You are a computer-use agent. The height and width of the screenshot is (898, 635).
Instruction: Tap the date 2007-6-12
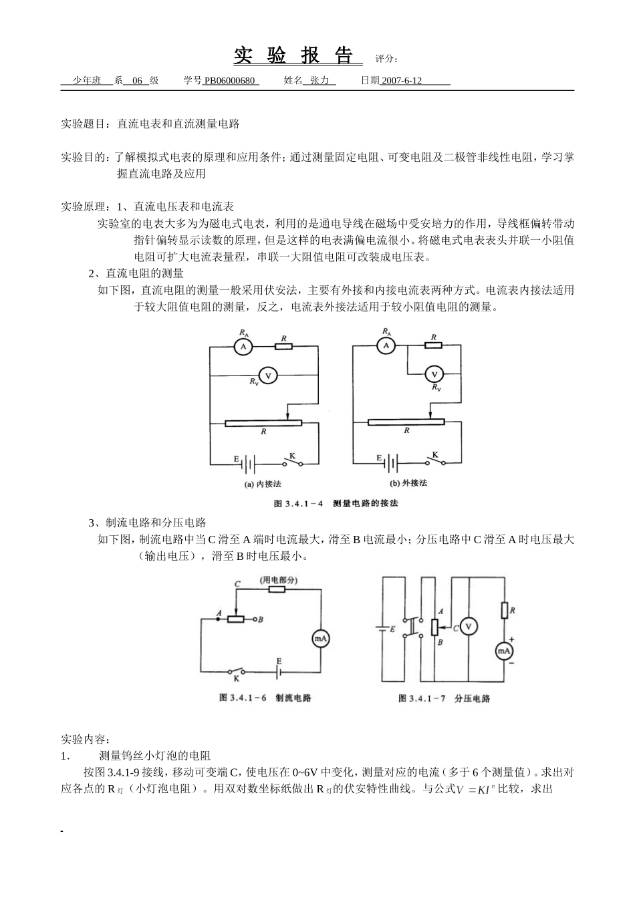tap(402, 81)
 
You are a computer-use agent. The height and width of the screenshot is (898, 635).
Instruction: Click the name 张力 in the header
tap(320, 81)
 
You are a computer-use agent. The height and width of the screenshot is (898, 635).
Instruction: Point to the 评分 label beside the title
tap(386, 59)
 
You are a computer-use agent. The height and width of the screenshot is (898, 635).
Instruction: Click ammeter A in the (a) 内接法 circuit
tap(244, 346)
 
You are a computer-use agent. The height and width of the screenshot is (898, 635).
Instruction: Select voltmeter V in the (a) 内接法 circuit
tap(268, 376)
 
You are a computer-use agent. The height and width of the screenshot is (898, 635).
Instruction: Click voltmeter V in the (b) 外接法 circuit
tap(434, 375)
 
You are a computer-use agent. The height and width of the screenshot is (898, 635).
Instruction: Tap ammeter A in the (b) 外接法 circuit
tap(386, 345)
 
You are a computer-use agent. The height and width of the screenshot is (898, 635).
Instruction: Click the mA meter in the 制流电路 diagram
tap(320, 639)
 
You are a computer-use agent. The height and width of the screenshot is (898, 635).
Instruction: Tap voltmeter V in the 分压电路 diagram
tap(469, 627)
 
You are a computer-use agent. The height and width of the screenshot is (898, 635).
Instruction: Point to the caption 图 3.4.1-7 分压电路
tap(444, 698)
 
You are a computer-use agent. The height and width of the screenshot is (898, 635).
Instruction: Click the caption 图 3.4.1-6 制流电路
tap(265, 698)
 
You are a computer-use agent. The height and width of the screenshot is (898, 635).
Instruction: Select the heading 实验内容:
tap(85, 740)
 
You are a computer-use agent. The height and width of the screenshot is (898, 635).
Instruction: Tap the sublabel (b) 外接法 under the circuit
tap(408, 483)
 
